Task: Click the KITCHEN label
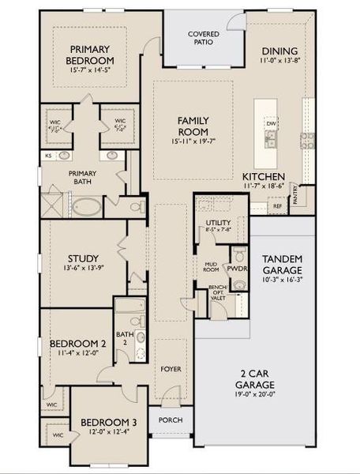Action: click(x=263, y=176)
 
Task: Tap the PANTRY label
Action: click(x=294, y=194)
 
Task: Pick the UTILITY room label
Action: click(x=218, y=224)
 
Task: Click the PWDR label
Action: click(x=238, y=268)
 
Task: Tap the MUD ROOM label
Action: click(x=210, y=266)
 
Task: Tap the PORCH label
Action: click(x=171, y=419)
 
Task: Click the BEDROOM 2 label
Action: click(x=77, y=344)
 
